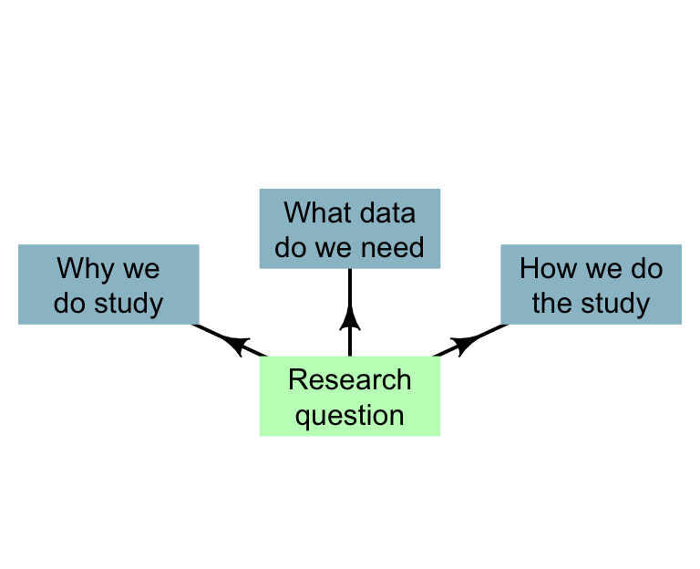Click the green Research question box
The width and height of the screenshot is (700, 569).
(x=349, y=396)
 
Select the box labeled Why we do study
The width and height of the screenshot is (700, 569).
(x=108, y=284)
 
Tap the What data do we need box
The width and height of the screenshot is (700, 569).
(x=349, y=229)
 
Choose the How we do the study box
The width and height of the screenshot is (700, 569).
(x=591, y=284)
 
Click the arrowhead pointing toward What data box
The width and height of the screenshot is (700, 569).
(x=349, y=317)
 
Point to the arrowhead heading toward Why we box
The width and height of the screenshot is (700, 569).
(x=236, y=344)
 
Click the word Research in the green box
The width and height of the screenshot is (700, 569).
(x=349, y=379)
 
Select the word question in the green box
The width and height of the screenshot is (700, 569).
(x=349, y=415)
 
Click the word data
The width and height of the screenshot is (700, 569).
(x=386, y=212)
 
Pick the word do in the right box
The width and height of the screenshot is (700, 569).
(x=649, y=269)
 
